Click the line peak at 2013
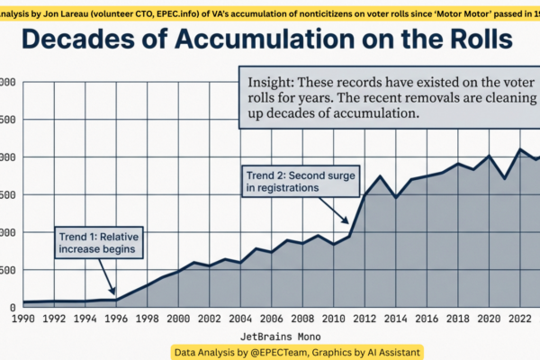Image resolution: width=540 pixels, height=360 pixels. coord(381,176)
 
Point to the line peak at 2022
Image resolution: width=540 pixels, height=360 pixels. coord(520,149)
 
